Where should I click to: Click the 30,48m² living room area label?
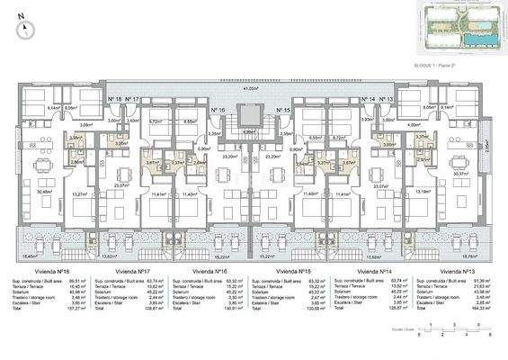coord(45,191)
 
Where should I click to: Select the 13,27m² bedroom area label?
coord(79,193)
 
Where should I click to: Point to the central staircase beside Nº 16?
coord(248,122)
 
